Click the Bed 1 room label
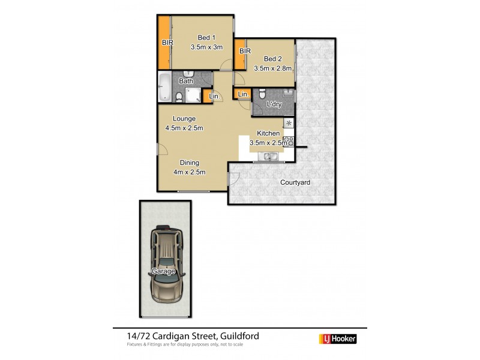coord(197,37)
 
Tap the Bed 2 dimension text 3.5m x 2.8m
coord(272,68)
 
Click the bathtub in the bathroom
coord(164,88)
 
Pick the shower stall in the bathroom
coord(193,95)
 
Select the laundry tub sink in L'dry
coord(287,93)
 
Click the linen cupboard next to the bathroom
coord(211,97)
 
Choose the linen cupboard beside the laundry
coord(243,95)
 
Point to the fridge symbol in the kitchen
coord(288,124)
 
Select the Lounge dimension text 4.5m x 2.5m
coord(184,128)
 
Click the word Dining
coord(190,163)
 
